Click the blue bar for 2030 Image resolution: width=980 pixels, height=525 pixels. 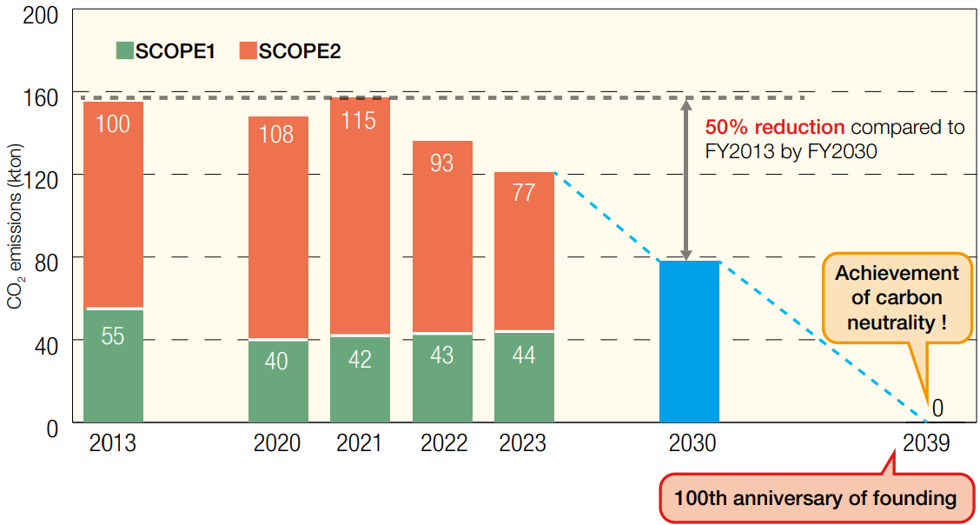point(689,341)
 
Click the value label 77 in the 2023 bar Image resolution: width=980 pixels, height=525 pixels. point(524,192)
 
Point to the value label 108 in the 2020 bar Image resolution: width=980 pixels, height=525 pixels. point(277,135)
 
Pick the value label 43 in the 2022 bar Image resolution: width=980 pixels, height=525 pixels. point(441,355)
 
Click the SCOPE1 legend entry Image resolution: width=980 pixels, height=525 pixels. point(166,51)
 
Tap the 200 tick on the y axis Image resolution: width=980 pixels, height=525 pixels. point(40,15)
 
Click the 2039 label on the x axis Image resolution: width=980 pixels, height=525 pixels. point(926,443)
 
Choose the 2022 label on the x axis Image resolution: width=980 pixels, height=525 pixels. point(442,443)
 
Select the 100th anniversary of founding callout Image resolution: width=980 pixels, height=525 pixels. point(815,498)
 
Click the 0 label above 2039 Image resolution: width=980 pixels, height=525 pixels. point(937,409)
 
